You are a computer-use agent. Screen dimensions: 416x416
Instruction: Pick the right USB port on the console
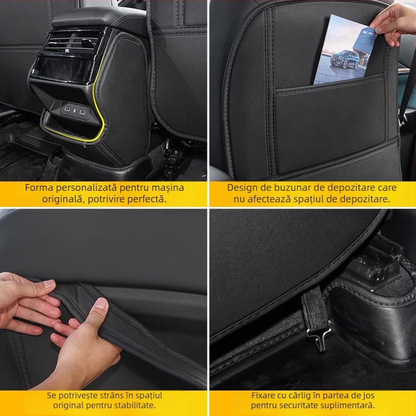82,110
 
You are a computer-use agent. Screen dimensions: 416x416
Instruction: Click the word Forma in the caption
37,188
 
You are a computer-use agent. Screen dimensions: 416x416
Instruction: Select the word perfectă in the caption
150,200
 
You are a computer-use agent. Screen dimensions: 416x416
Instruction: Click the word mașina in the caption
169,188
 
